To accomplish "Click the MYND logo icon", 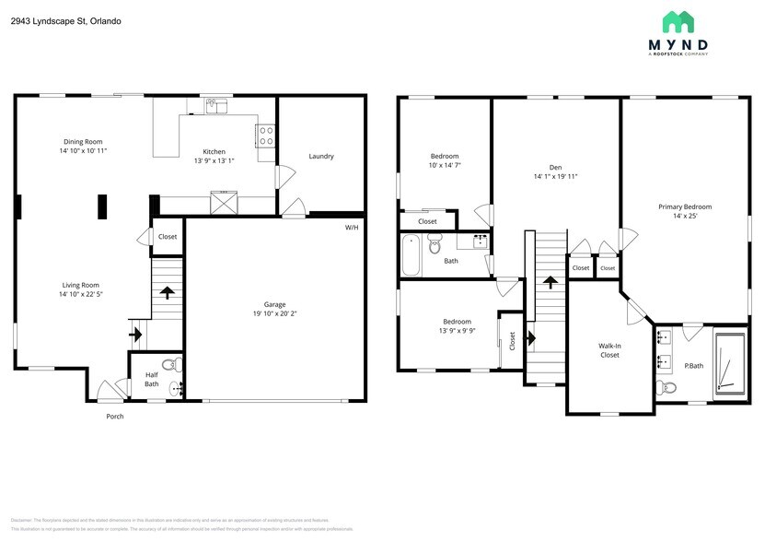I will pyautogui.click(x=678, y=22).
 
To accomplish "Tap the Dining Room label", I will pyautogui.click(x=83, y=141).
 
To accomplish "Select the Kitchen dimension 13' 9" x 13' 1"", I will pyautogui.click(x=214, y=161).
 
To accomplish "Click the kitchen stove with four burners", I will pyautogui.click(x=265, y=135).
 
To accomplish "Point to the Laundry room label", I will pyautogui.click(x=321, y=157).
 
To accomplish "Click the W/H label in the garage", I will pyautogui.click(x=352, y=227).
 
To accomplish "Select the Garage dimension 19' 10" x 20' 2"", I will pyautogui.click(x=275, y=313).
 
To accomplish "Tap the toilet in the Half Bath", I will pyautogui.click(x=168, y=364).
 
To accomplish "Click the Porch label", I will pyautogui.click(x=114, y=417).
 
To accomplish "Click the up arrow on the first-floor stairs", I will pyautogui.click(x=168, y=294).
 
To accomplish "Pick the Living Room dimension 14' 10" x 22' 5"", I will pyautogui.click(x=80, y=295).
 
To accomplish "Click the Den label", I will pyautogui.click(x=556, y=167).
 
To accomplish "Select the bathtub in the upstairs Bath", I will pyautogui.click(x=411, y=254).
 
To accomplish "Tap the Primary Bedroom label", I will pyautogui.click(x=685, y=206).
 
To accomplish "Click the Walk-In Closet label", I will pyautogui.click(x=609, y=350).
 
